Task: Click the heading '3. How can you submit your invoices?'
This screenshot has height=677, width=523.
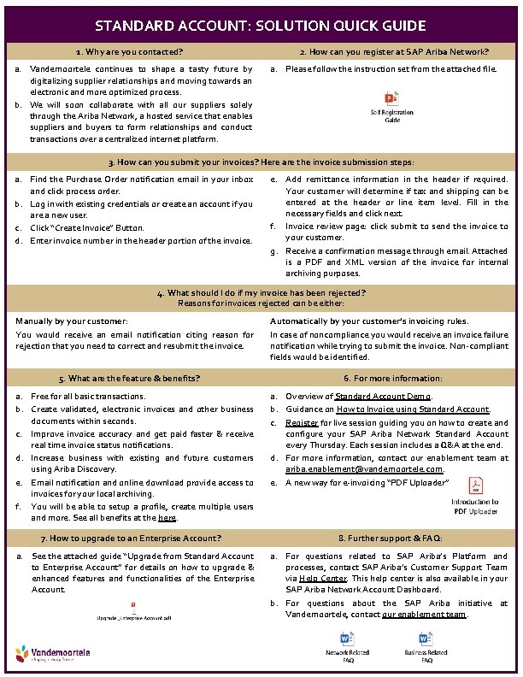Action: tap(261, 162)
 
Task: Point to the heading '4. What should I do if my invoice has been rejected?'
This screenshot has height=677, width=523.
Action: tap(261, 292)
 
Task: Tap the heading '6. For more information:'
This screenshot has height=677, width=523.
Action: tap(393, 378)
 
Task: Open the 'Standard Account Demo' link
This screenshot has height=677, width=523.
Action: tap(384, 397)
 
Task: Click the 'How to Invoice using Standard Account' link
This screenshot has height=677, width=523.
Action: tap(413, 409)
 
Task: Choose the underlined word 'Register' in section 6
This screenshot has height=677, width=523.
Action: tap(302, 422)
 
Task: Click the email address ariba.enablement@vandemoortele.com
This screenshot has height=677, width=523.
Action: tap(364, 469)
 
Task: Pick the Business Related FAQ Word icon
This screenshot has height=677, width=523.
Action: tap(425, 640)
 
